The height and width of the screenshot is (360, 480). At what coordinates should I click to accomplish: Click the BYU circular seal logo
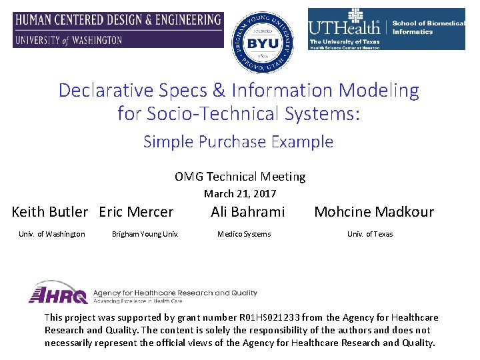pyautogui.click(x=262, y=41)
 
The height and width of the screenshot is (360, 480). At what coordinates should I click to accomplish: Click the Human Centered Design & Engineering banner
pyautogui.click(x=118, y=30)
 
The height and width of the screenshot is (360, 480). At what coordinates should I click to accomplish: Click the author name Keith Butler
pyautogui.click(x=50, y=212)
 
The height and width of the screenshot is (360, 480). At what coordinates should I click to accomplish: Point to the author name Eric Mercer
pyautogui.click(x=136, y=212)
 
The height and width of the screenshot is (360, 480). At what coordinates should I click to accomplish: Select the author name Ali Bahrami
pyautogui.click(x=247, y=212)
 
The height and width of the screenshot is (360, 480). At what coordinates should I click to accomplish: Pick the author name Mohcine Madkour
pyautogui.click(x=373, y=212)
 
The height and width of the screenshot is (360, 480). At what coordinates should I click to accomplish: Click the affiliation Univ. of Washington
pyautogui.click(x=52, y=234)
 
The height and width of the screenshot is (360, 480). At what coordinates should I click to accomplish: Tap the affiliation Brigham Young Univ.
pyautogui.click(x=145, y=234)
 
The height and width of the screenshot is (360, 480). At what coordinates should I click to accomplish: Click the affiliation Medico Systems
pyautogui.click(x=245, y=234)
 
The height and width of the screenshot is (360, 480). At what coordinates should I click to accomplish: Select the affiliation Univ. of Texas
pyautogui.click(x=370, y=234)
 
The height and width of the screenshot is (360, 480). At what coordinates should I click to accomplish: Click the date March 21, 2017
pyautogui.click(x=240, y=194)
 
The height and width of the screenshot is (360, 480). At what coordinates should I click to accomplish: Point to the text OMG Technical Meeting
pyautogui.click(x=240, y=177)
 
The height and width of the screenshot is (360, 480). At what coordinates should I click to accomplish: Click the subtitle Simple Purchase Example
pyautogui.click(x=238, y=141)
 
